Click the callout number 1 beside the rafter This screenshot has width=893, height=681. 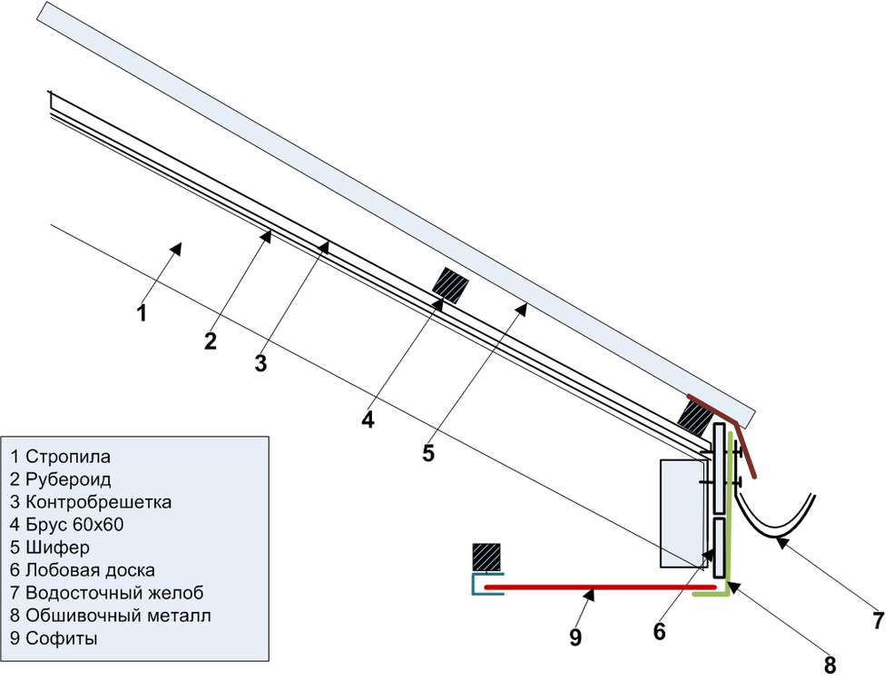(x=142, y=314)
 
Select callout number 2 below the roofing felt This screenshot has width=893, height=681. (x=211, y=341)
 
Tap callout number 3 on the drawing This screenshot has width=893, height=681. (x=260, y=364)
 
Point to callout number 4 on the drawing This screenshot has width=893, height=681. (x=368, y=419)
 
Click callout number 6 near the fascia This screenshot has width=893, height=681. (x=660, y=630)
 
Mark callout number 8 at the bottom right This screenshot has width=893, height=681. (x=829, y=665)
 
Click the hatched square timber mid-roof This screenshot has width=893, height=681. (x=450, y=285)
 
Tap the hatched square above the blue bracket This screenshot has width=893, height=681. (x=486, y=558)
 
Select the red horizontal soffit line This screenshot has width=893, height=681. (x=599, y=587)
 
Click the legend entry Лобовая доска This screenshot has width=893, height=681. (x=82, y=570)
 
